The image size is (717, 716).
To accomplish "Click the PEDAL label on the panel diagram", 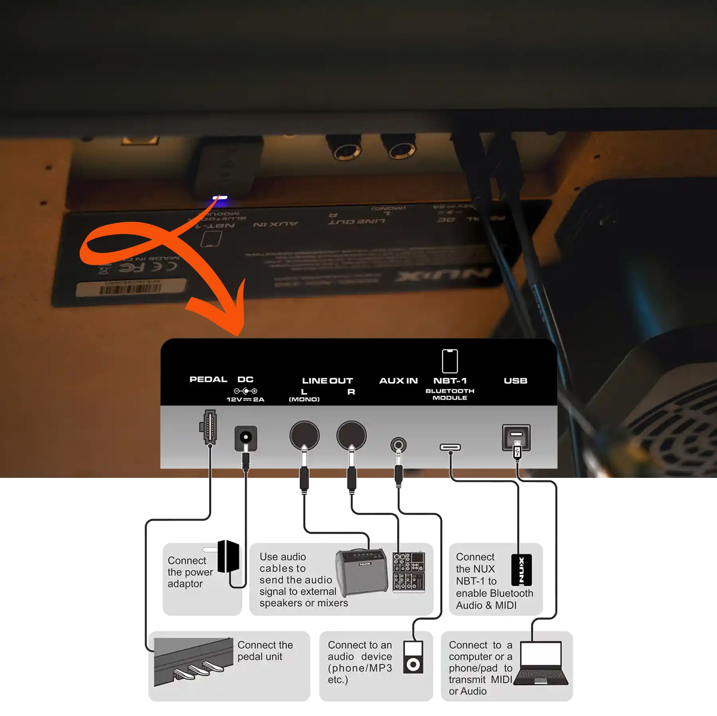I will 208,379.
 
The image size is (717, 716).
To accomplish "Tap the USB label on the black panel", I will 515,381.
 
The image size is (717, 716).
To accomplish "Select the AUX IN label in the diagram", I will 398,381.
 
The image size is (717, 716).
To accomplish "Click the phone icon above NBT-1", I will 450,361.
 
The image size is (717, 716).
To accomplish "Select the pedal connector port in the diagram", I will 208,426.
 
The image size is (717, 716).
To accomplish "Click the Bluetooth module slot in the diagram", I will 450,447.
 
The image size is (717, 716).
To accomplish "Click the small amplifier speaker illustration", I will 361,572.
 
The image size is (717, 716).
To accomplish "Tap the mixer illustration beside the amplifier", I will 408,572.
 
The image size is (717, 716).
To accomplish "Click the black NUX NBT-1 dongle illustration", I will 521,569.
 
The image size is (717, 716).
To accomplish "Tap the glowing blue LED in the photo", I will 220,198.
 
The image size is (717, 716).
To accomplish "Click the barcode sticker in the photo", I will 131,288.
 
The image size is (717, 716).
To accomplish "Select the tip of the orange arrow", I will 239,334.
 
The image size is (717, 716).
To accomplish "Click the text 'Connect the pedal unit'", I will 265,651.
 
